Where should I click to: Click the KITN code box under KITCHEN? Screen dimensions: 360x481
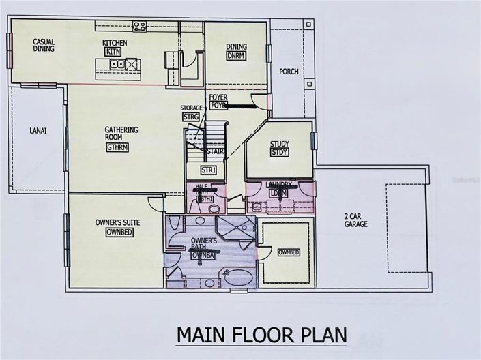pos(113,52)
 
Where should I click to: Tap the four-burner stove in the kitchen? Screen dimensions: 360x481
pos(140,26)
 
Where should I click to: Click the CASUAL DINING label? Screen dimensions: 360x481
pos(44,46)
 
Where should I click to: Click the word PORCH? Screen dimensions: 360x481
pos(289,71)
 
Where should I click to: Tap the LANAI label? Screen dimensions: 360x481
pos(38,131)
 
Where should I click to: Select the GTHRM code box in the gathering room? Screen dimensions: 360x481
pos(118,147)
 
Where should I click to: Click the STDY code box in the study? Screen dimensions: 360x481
pos(280,153)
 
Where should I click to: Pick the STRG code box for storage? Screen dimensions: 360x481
pos(190,117)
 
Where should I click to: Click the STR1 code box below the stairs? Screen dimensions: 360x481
pos(208,170)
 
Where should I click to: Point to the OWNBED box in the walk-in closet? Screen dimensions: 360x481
pos(289,252)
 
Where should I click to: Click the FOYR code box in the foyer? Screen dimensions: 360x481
pos(218,106)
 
